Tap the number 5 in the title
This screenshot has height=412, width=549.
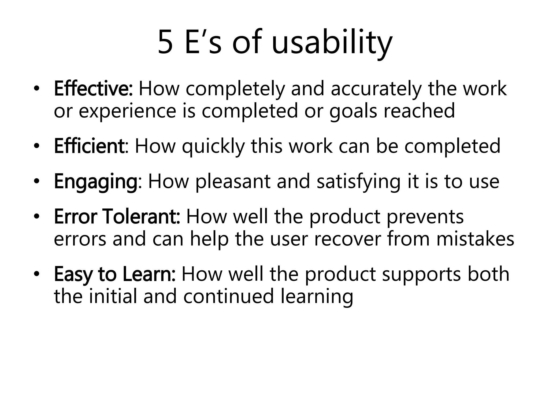(x=165, y=43)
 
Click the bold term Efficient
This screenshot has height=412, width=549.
(x=89, y=146)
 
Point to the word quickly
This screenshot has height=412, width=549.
(x=213, y=147)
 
